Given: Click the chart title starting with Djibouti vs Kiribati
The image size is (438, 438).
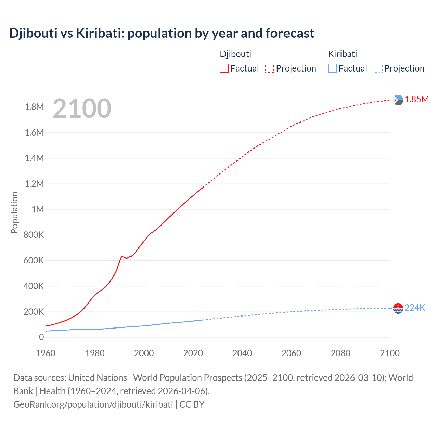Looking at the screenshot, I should pos(162,33).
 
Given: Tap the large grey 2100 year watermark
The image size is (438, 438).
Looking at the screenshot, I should pos(82,108).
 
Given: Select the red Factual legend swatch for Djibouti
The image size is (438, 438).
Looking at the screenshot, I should pos(224,68).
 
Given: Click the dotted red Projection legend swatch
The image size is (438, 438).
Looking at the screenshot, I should pos(270,68).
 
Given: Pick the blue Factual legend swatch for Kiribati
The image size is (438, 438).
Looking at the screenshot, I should pos(332,68).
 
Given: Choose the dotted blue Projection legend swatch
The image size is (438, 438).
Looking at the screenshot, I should pos(378,68).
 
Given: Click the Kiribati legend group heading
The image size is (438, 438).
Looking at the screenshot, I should pos(343,54).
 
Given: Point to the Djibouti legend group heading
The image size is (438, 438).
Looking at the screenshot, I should pos(235,54).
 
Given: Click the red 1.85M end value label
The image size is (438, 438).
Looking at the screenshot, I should pos(417,99).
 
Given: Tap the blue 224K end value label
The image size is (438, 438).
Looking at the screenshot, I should pos(415,308).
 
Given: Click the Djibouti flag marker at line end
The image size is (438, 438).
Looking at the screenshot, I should pos(398,100).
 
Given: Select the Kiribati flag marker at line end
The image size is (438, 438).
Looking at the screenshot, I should pos(398,308).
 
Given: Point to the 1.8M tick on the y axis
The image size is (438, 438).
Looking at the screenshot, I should pos(34,107).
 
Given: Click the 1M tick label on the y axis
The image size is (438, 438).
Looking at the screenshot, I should pos(38,209).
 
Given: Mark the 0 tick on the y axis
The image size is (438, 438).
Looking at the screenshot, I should pos(41,337).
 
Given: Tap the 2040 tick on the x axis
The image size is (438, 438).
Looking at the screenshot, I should pos(242,353).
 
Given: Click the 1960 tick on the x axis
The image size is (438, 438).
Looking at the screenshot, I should pos(46,353).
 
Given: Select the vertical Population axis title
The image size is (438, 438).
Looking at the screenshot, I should pos(14,212).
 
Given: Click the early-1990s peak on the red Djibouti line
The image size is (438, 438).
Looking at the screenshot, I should pos(121,256).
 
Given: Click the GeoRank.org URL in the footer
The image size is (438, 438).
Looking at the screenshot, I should pos(93,404).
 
